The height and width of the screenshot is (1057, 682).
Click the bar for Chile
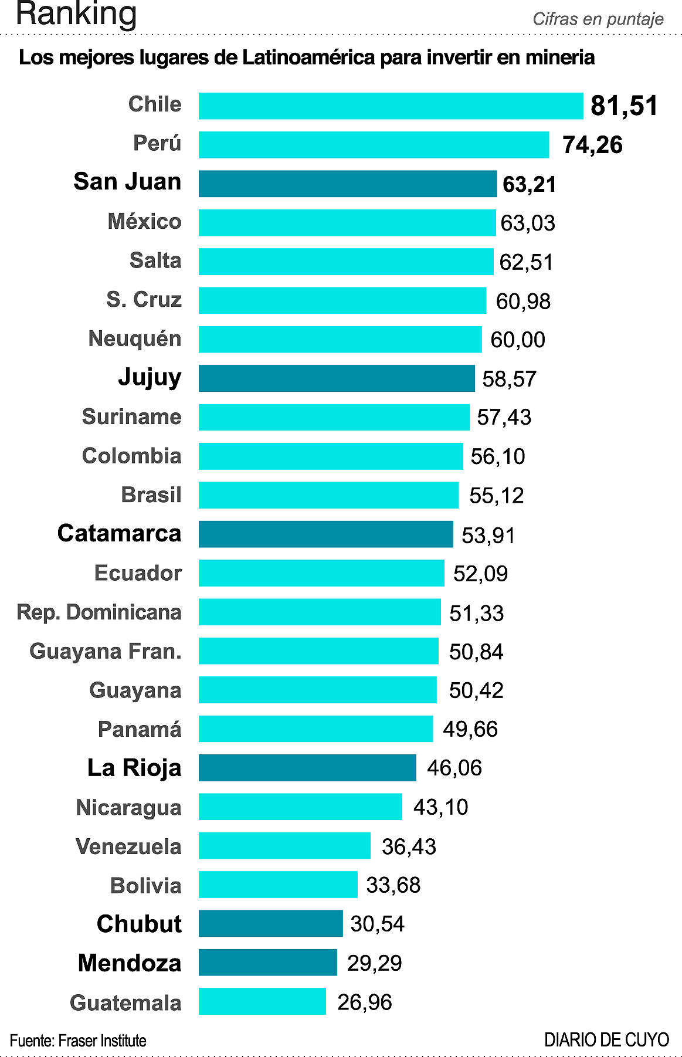pos(391,106)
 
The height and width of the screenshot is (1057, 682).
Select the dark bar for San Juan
pos(347,184)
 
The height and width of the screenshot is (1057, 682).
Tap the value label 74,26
pos(592,145)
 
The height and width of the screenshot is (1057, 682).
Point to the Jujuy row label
pos(150,377)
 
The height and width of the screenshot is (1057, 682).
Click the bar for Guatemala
pos(262,1001)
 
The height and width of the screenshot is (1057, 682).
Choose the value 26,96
pos(364,1002)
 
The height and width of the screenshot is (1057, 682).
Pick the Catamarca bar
pos(325,534)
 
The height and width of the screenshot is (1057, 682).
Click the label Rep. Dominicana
pos(99,612)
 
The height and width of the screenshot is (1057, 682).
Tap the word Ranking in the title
pos(76,14)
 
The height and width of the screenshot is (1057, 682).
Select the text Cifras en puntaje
pos(598,19)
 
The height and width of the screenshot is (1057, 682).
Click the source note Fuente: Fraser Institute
pos(78,1041)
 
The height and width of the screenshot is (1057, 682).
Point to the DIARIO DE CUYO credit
pos(606,1040)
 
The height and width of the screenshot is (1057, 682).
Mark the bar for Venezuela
pos(284,846)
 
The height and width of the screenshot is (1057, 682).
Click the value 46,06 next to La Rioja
pos(454,768)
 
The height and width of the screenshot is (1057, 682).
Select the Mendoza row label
pos(130,963)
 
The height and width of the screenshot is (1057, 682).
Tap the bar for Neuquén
pos(340,339)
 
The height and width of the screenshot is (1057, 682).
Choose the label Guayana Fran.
pos(106,651)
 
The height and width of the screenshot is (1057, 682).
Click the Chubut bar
pos(270,924)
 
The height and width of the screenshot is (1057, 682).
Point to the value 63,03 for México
pos(527,223)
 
